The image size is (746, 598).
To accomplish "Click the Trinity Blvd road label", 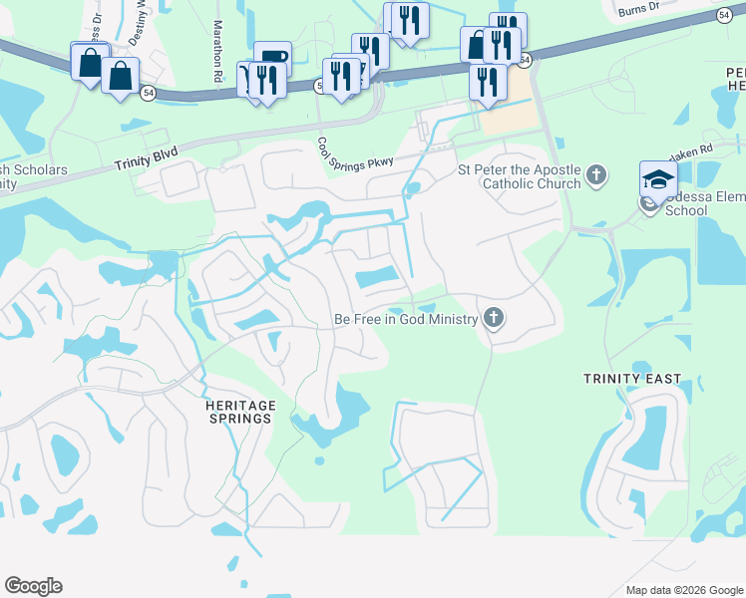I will pos(147,160).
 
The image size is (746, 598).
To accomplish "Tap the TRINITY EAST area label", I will pos(633,379).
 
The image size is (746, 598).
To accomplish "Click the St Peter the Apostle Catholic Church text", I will pos(519,176).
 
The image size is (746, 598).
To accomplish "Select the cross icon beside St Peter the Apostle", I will pos(595,176).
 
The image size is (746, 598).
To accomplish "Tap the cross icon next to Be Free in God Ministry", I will pos(492,319).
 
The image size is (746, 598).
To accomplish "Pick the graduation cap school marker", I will pos(658,179).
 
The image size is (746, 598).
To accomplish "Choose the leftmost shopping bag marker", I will pos(90,62).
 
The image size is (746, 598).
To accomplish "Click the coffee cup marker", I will pos(272,58).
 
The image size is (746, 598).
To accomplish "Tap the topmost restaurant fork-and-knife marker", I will pos(408,18).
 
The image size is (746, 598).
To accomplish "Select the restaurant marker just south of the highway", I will pos(488,81).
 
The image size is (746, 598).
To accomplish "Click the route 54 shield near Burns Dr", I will pos(724,15).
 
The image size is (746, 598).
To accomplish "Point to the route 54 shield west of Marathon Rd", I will pos(149,93).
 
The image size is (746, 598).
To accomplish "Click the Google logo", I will pos(33,586).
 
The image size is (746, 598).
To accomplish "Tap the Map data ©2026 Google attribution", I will pos(683,589).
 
